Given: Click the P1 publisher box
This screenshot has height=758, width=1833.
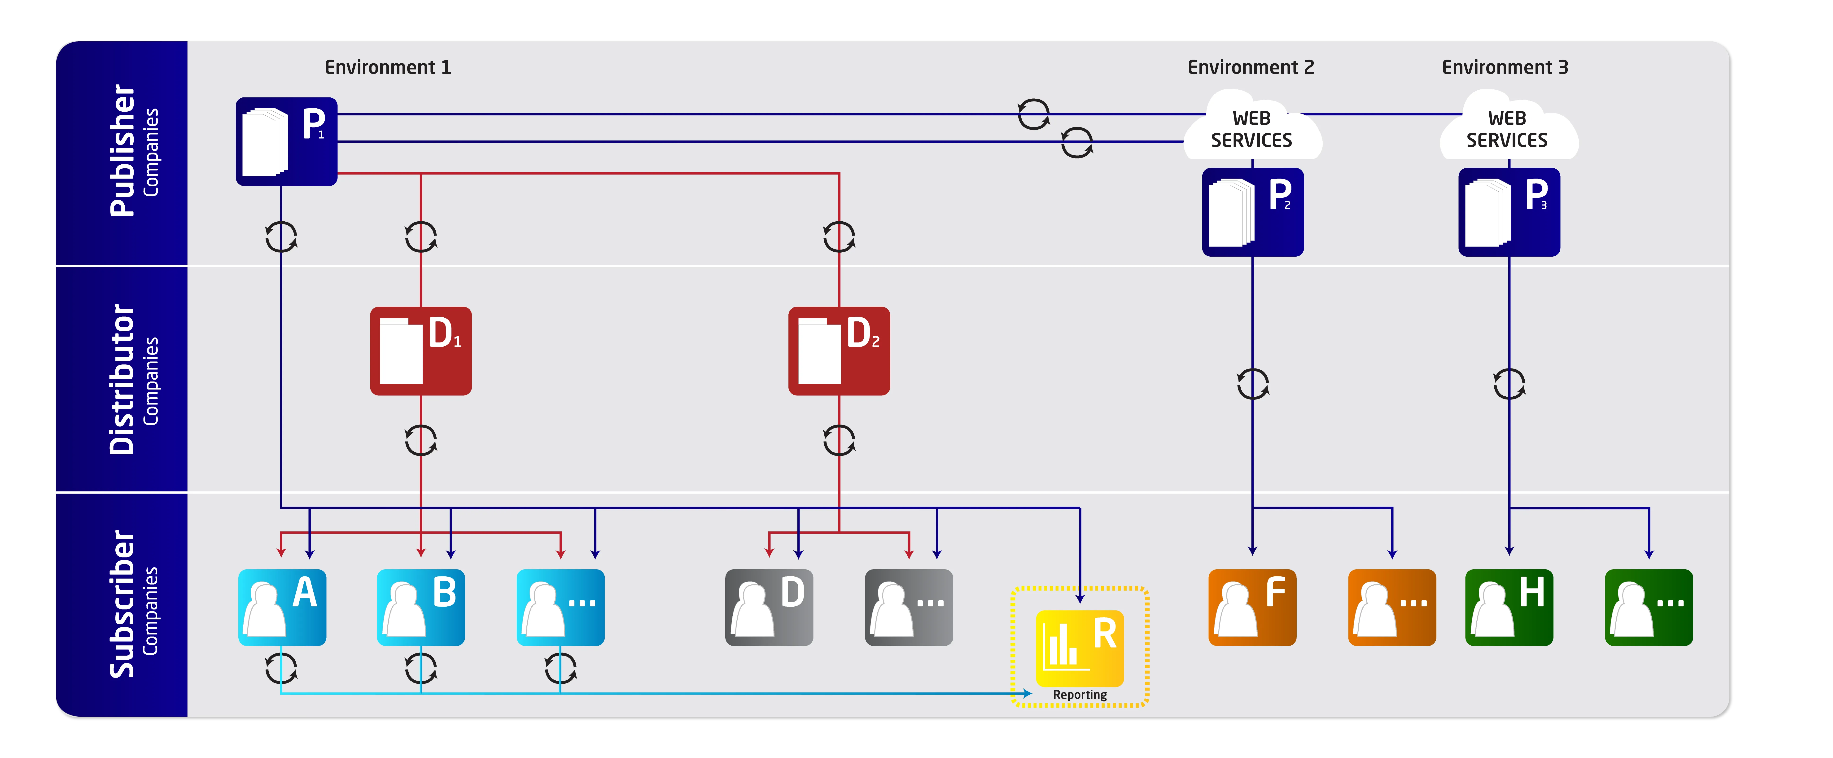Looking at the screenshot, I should pyautogui.click(x=286, y=142).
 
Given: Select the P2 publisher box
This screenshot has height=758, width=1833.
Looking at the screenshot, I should pyautogui.click(x=1252, y=212).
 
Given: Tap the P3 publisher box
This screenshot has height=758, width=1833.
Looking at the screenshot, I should pyautogui.click(x=1509, y=212).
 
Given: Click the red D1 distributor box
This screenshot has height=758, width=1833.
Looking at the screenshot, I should pyautogui.click(x=420, y=351).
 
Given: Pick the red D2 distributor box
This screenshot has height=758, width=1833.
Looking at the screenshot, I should pyautogui.click(x=839, y=351).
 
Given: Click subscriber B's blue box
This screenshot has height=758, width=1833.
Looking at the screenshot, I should pyautogui.click(x=420, y=607).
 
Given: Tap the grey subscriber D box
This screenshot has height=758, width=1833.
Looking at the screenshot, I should pyautogui.click(x=769, y=607).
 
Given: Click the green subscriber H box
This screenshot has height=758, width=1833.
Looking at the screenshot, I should pyautogui.click(x=1509, y=607).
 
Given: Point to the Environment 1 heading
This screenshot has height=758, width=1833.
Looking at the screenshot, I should pyautogui.click(x=388, y=68).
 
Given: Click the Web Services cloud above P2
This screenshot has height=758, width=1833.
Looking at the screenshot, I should pyautogui.click(x=1252, y=128).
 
